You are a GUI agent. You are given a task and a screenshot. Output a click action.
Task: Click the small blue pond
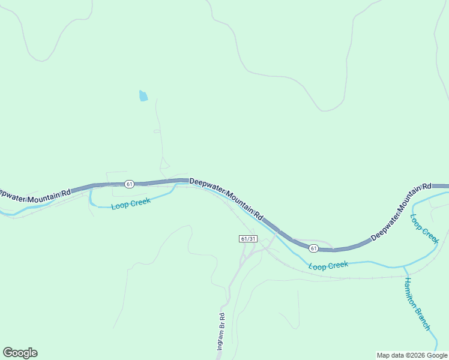[143, 96]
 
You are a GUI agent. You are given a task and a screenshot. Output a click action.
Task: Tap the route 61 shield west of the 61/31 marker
[129, 184]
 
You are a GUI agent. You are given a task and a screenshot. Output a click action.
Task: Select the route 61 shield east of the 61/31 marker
[313, 248]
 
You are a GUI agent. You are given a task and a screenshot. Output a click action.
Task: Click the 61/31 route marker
[248, 239]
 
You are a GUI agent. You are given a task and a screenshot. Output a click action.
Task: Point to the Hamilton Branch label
[417, 304]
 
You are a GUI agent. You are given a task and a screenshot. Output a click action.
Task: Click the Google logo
[20, 353]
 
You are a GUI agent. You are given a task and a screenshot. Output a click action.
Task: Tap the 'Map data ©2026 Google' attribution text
[412, 355]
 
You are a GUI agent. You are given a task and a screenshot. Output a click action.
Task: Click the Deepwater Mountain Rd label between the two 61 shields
[226, 197]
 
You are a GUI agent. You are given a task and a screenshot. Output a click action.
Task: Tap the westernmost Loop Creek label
[131, 203]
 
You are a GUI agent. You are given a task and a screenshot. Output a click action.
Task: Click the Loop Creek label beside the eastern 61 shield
[328, 265]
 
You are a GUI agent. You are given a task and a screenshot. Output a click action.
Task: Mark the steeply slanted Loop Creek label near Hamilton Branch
[425, 229]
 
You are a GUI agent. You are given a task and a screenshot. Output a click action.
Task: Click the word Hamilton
[411, 295]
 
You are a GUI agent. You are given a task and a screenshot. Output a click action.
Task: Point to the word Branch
[424, 319]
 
